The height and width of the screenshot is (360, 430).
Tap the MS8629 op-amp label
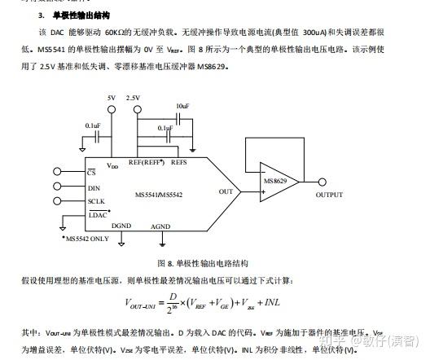[x=274, y=180]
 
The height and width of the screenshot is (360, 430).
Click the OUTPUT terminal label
[x=329, y=195]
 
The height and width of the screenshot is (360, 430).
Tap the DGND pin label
[x=121, y=226]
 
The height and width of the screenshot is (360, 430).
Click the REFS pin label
[x=179, y=163]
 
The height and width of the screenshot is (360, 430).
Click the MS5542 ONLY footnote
[x=87, y=239]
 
